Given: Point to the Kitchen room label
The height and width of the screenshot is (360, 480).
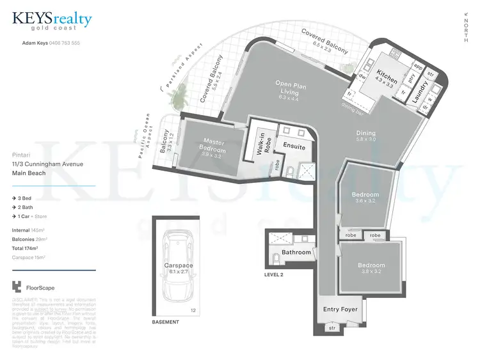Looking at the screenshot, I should (x=387, y=77).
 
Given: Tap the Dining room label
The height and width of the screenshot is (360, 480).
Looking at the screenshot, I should (x=367, y=133).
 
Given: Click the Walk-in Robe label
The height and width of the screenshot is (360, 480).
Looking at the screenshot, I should (x=261, y=142).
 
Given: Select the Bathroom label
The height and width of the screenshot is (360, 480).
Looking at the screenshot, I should (x=296, y=252).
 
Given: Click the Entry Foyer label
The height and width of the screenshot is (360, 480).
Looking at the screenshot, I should (x=340, y=309).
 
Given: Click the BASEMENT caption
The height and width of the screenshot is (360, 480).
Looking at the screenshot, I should (x=165, y=322).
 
